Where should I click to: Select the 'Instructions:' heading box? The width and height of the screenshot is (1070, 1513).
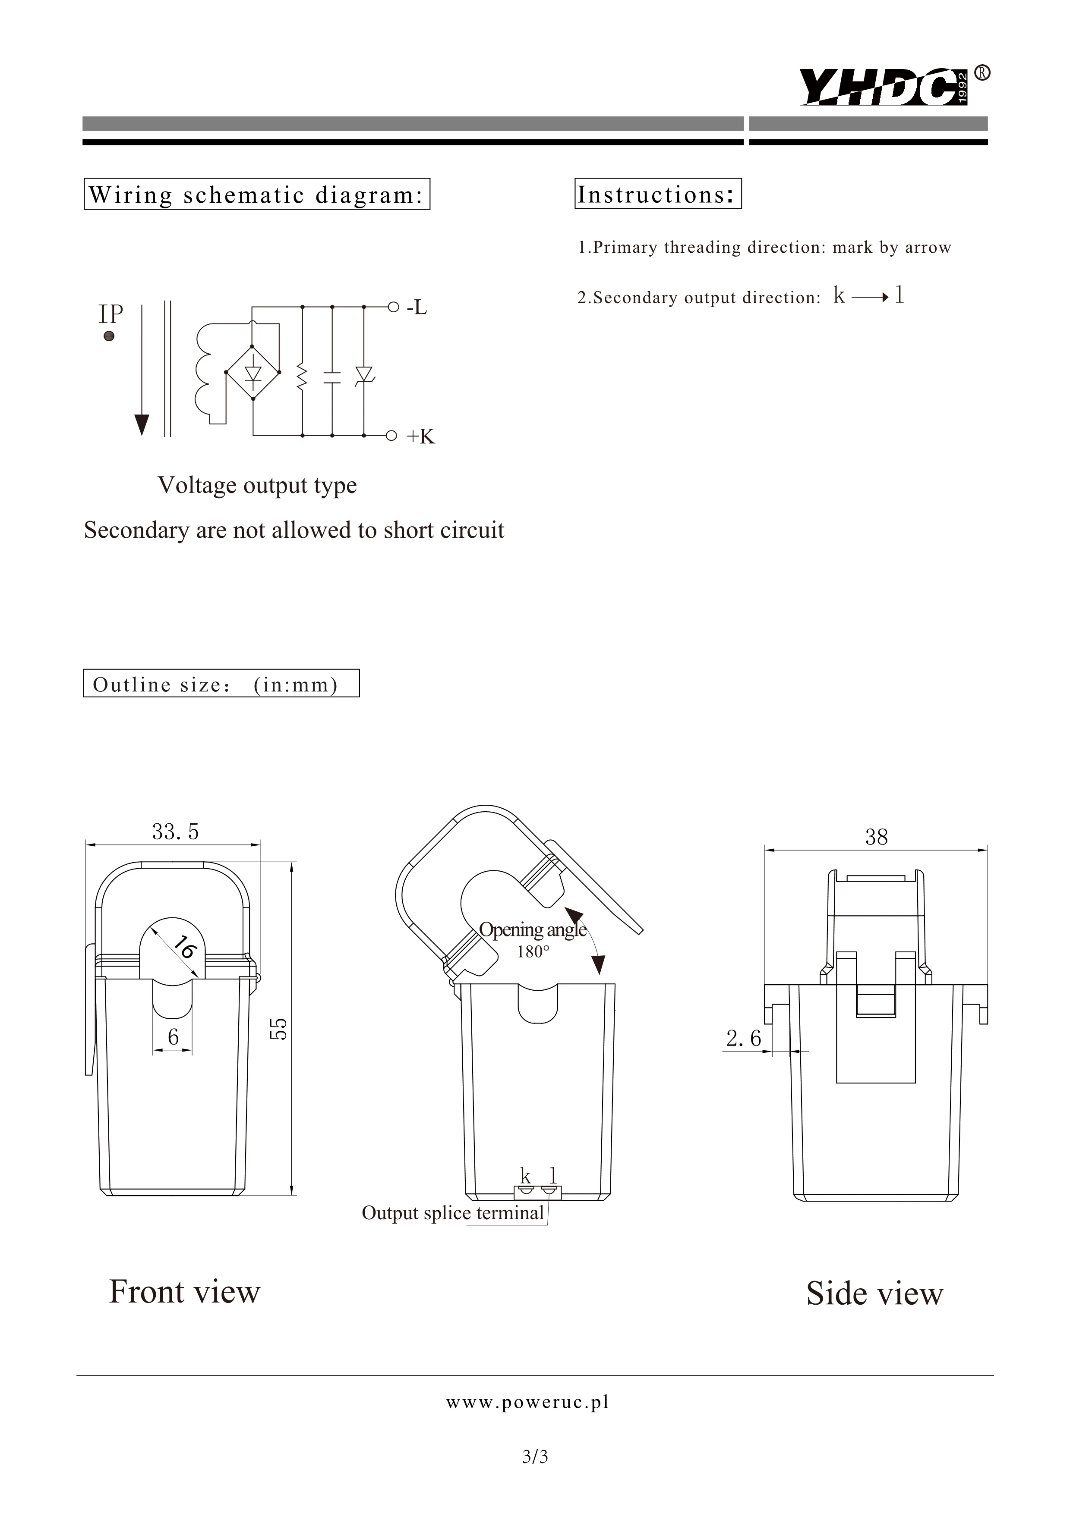657,195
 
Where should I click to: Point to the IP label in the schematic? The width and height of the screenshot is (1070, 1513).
111,314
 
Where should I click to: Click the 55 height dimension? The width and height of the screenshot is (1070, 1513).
280,1029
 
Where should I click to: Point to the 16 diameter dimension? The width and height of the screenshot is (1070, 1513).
185,948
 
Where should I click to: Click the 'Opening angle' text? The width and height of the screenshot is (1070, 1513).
532,930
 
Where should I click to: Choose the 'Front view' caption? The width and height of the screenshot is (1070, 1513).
185,1292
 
